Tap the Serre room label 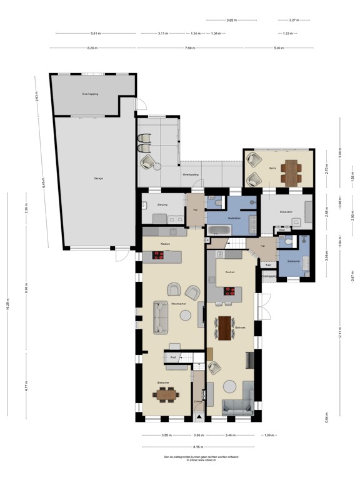tap(272, 168)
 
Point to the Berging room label tap(162, 204)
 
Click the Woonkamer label tap(179, 304)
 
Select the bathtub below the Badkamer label tap(219, 230)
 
